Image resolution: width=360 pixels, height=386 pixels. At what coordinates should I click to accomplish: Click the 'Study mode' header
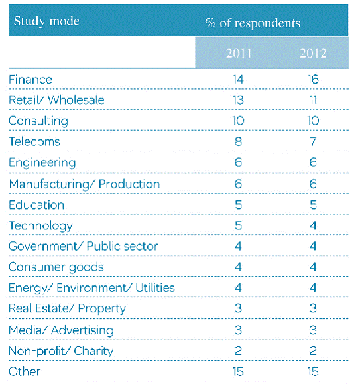46,21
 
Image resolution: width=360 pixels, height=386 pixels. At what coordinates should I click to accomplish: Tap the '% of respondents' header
253,23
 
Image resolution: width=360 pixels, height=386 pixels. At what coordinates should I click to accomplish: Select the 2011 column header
239,53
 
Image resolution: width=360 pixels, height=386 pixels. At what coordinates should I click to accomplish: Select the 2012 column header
313,53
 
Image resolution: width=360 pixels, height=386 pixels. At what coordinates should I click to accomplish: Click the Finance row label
30,80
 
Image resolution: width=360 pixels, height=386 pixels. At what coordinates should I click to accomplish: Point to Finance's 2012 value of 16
313,80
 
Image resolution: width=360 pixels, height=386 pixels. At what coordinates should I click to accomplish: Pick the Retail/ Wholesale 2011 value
238,100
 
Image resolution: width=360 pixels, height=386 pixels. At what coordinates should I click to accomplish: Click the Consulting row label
38,121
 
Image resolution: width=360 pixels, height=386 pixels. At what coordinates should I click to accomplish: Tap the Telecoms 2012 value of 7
313,141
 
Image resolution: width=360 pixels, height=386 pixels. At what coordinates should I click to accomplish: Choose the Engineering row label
42,162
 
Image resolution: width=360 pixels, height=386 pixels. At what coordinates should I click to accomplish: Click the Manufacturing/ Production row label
84,184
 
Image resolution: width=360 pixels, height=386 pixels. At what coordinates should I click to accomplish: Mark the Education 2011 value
238,205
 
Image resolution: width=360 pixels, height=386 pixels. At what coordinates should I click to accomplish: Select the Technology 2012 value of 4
313,225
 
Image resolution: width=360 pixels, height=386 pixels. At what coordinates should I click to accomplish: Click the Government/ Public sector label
83,246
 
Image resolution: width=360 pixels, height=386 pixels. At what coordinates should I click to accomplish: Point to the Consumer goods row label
56,267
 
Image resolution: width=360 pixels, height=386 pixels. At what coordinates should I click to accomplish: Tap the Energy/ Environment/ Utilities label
91,288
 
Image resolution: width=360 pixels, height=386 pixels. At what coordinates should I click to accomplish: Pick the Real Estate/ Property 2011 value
238,308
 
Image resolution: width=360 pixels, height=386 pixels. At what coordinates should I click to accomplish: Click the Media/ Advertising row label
61,330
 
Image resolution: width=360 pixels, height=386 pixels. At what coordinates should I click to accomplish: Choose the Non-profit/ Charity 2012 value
313,351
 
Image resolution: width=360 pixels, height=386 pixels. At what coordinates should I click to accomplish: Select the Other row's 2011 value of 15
238,371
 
